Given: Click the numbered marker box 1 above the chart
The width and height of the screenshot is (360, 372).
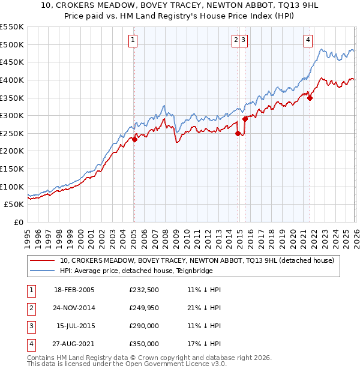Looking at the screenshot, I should click(133, 40).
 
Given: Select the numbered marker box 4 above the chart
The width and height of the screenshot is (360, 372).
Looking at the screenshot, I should click(308, 40).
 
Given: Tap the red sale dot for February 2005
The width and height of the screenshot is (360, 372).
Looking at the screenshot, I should click(134, 139).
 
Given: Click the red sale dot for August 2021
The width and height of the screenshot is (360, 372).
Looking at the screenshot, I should click(310, 98).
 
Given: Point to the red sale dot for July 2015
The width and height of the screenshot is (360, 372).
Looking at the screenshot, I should click(245, 119).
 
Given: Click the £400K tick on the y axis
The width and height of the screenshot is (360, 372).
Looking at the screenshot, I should click(11, 80).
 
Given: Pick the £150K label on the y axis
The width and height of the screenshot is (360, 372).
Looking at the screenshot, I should click(11, 169).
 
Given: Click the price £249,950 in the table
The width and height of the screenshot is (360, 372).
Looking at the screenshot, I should click(144, 308).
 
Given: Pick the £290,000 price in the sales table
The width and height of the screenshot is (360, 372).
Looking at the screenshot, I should click(144, 326).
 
